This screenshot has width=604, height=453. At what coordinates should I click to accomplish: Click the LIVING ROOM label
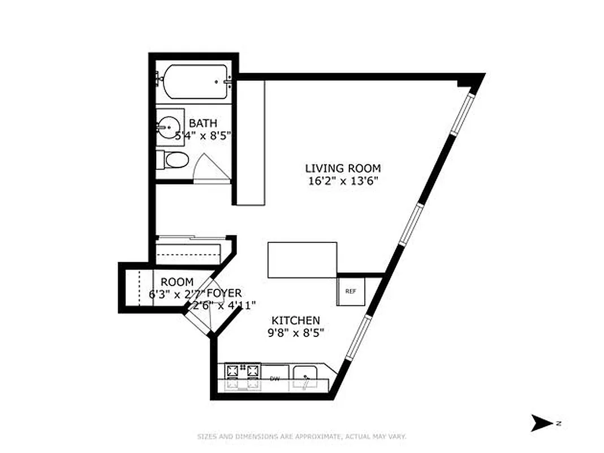343,168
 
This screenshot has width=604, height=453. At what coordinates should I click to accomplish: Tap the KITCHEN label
296,320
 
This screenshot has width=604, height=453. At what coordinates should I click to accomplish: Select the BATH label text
202,123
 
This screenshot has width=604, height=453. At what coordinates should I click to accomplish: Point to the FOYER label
224,293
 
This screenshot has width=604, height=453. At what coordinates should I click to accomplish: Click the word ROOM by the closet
177,282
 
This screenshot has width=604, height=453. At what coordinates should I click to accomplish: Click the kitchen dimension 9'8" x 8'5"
296,333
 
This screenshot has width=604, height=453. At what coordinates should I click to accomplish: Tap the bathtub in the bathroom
192,83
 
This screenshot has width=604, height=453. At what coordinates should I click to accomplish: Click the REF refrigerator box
351,292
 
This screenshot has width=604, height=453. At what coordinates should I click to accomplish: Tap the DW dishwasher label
275,378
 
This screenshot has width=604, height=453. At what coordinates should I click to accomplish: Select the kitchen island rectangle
302,260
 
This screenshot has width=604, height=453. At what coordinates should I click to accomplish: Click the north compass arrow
541,423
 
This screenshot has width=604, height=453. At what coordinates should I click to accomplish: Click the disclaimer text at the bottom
301,437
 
